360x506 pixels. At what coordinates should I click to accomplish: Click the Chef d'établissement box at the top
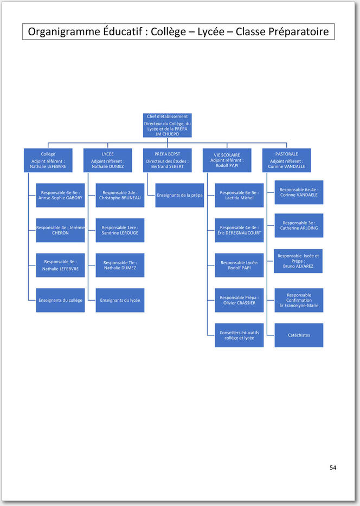(167, 125)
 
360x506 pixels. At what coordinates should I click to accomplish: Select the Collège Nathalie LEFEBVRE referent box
(48, 160)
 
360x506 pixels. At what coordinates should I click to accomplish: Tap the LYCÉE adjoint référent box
(108, 160)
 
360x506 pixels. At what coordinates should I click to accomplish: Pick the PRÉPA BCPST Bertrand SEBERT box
(167, 160)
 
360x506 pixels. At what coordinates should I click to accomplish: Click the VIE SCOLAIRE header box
(227, 160)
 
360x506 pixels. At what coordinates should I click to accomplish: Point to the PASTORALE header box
(287, 160)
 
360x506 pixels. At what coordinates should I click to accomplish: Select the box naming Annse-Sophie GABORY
(60, 195)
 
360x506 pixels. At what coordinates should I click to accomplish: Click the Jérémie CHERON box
(60, 230)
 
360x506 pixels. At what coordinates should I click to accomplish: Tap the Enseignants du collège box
(60, 300)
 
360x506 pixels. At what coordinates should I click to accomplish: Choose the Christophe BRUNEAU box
(120, 195)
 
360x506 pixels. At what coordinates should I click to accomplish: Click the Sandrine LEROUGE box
(120, 230)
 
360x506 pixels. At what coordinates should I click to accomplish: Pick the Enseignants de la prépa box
(179, 195)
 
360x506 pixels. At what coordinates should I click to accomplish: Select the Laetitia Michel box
(239, 195)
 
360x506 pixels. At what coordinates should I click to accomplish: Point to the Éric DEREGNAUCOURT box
(239, 230)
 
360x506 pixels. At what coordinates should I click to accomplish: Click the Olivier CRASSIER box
(239, 300)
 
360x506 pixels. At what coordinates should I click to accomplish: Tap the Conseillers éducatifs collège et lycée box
(239, 335)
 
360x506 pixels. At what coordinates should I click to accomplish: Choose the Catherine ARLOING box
(299, 225)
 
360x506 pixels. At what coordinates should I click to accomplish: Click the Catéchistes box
(299, 335)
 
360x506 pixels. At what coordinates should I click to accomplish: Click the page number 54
(333, 468)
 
